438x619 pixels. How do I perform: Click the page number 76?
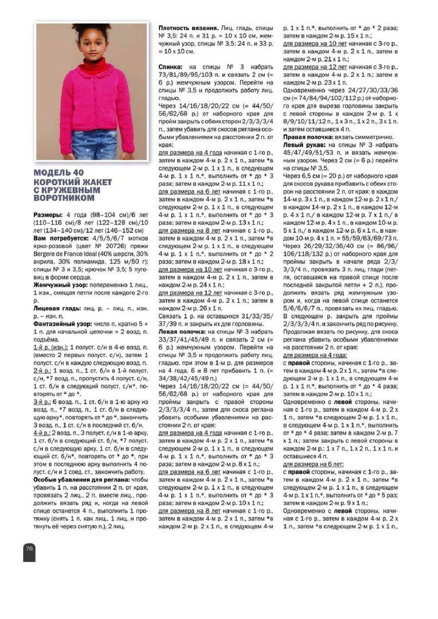(x=29, y=548)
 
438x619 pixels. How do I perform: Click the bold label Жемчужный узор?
(x=61, y=284)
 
